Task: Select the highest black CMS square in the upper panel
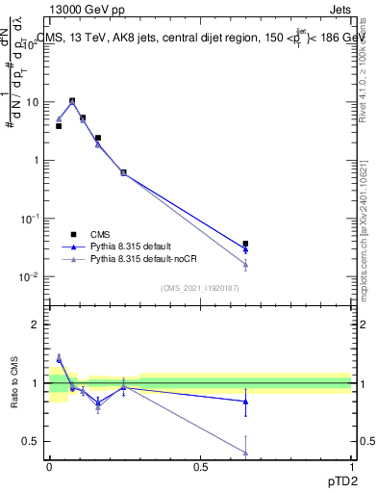point(72,100)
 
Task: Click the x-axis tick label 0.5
point(200,465)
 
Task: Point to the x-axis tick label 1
point(351,465)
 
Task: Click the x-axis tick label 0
point(49,465)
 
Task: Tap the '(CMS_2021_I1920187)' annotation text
point(200,287)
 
